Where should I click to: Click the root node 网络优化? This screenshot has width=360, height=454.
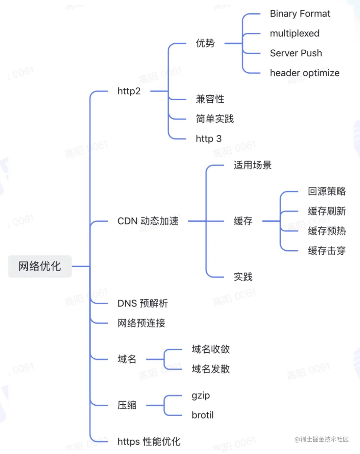(x=40, y=266)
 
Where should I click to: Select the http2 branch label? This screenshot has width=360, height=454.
(x=129, y=91)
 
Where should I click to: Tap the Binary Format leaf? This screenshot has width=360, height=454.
(x=300, y=14)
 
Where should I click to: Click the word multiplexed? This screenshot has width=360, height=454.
(x=294, y=33)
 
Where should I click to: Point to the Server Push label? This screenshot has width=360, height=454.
(x=296, y=53)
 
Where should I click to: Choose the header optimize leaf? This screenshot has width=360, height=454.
(x=305, y=73)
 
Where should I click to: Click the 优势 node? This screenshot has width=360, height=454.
(x=205, y=43)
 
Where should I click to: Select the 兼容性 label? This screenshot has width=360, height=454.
(x=210, y=99)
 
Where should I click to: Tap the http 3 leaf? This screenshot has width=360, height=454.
(x=209, y=139)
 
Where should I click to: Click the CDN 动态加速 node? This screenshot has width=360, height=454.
(x=148, y=221)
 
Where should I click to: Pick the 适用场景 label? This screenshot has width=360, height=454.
(x=253, y=165)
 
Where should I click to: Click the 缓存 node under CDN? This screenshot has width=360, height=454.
(x=243, y=221)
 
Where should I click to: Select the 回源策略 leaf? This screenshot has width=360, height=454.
(x=327, y=192)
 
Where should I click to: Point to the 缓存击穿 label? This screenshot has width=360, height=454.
(x=327, y=251)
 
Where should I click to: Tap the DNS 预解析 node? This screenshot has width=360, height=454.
(x=143, y=303)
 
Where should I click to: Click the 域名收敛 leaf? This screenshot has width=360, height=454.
(x=211, y=349)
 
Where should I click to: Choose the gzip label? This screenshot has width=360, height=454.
(x=201, y=396)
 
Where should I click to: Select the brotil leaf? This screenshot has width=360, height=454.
(x=203, y=415)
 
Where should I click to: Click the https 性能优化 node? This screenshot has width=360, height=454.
(x=149, y=442)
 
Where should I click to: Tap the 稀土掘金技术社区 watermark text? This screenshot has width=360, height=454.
(x=324, y=439)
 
